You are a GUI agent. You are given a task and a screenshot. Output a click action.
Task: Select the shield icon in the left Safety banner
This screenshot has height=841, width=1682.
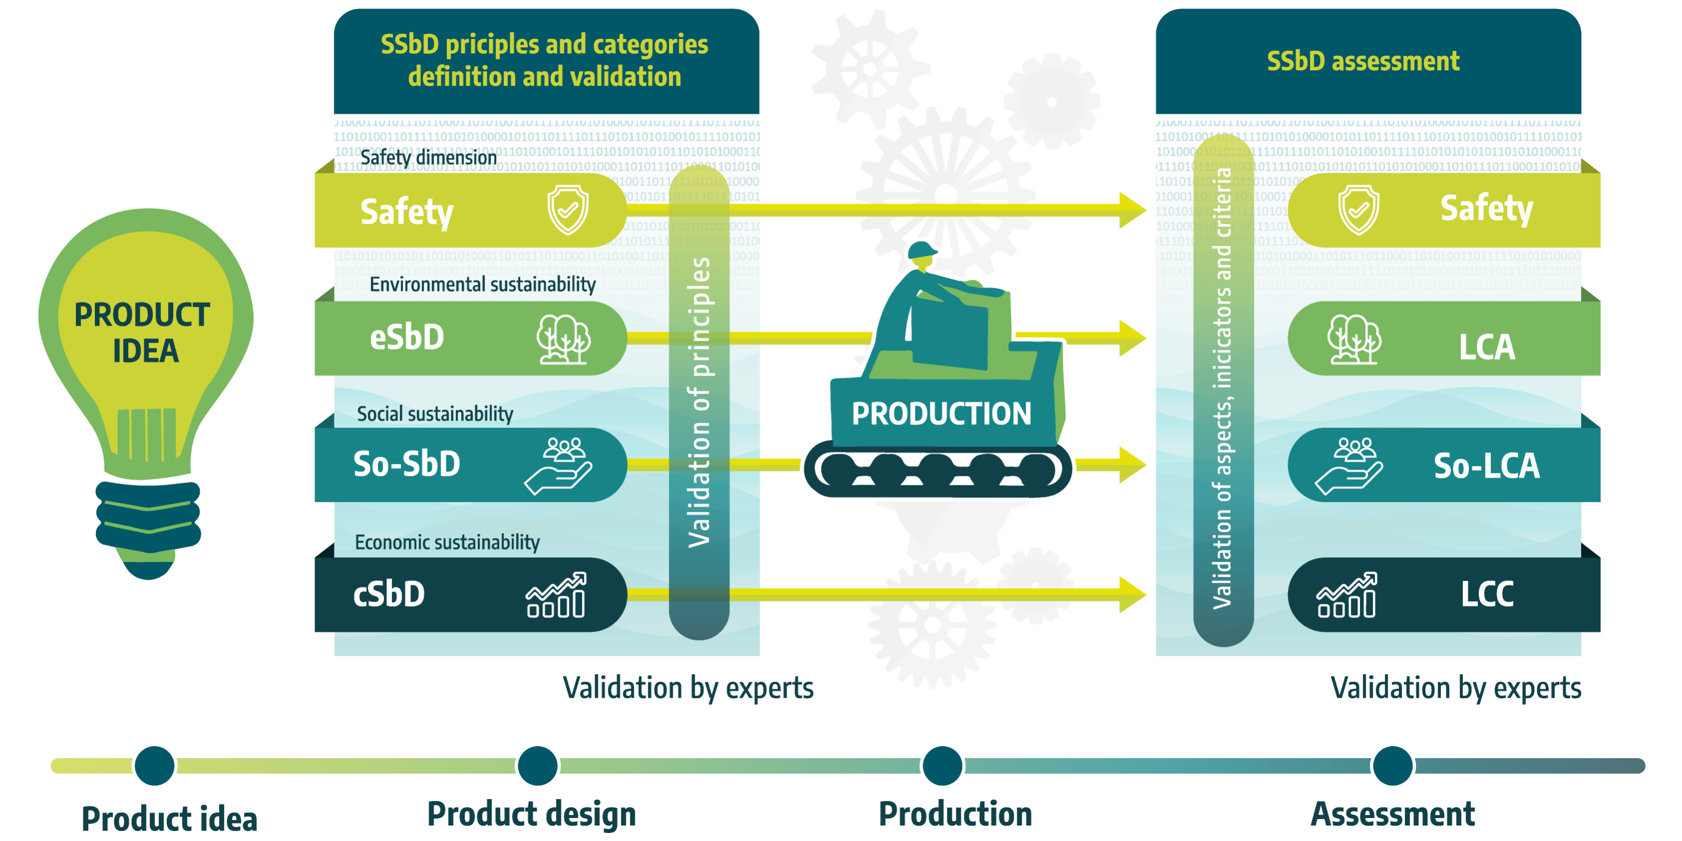click(567, 210)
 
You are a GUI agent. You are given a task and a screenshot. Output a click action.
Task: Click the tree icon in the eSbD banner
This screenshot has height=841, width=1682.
click(563, 339)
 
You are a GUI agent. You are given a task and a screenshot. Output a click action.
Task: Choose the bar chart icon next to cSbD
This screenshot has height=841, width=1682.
click(556, 595)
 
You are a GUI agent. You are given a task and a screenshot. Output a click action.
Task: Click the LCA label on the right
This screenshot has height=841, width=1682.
click(1487, 347)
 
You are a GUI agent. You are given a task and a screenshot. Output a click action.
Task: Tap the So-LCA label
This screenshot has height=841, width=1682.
click(1486, 465)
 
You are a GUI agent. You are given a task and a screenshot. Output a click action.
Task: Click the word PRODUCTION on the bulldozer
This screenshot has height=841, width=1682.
click(941, 414)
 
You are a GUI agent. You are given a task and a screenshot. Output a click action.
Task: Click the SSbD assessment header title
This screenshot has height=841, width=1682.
click(1363, 61)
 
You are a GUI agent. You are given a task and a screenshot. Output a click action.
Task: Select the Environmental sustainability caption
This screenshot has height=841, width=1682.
click(482, 285)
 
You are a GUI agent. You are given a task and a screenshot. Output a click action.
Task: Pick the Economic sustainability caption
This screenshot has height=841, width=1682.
click(447, 542)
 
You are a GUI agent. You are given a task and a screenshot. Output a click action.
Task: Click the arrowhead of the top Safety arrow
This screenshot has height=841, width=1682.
click(1132, 210)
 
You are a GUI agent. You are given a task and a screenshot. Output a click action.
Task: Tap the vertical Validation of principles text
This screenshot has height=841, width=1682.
click(699, 402)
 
